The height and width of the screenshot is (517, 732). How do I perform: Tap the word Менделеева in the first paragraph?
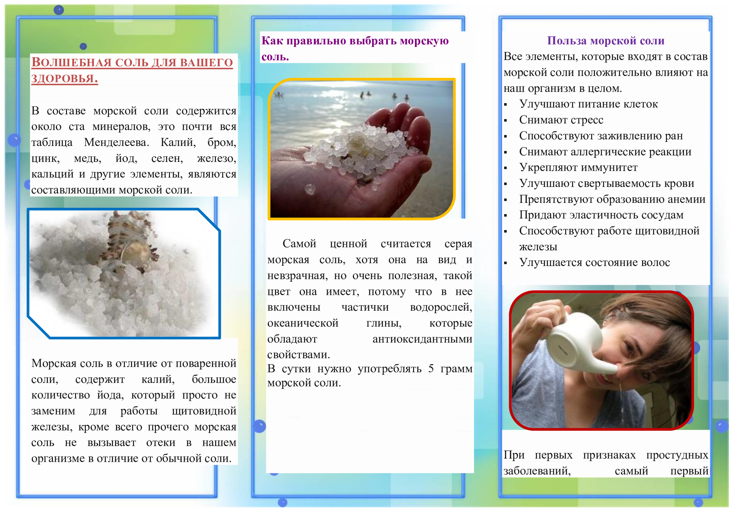coord(116,142)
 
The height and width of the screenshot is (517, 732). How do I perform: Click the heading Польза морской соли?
coord(606,41)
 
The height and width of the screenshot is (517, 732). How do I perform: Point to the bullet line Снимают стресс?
coord(561,120)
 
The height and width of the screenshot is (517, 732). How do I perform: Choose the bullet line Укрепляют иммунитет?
coord(578,168)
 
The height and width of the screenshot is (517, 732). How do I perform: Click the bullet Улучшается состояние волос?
coord(595,263)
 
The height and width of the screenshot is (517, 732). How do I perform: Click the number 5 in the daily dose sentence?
coord(431,369)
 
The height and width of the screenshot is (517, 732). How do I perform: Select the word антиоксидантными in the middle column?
coord(422,339)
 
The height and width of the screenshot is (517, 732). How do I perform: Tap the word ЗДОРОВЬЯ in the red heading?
coord(64,78)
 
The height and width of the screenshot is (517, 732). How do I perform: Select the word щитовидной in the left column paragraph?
coord(204,411)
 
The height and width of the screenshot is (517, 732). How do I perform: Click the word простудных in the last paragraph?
coord(677,455)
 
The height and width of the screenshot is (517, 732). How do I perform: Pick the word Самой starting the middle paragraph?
coord(299,244)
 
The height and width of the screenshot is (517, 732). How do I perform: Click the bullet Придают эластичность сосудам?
coord(601,215)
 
